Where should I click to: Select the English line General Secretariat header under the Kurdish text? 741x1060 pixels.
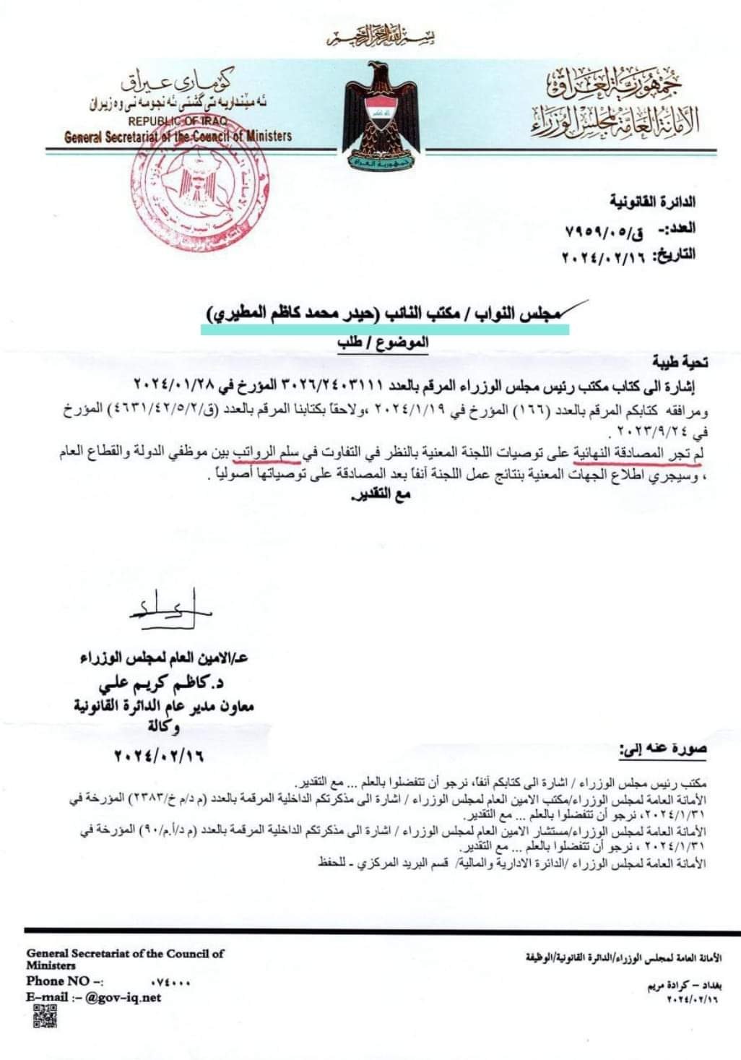click(178, 136)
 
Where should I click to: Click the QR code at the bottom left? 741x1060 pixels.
click(45, 1015)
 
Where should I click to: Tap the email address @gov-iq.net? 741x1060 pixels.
click(123, 997)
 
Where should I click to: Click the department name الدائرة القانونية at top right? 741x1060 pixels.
click(652, 202)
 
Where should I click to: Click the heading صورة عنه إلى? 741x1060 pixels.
click(662, 749)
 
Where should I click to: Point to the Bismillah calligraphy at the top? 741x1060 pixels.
click(380, 35)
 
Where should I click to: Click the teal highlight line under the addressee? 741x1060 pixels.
click(384, 329)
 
